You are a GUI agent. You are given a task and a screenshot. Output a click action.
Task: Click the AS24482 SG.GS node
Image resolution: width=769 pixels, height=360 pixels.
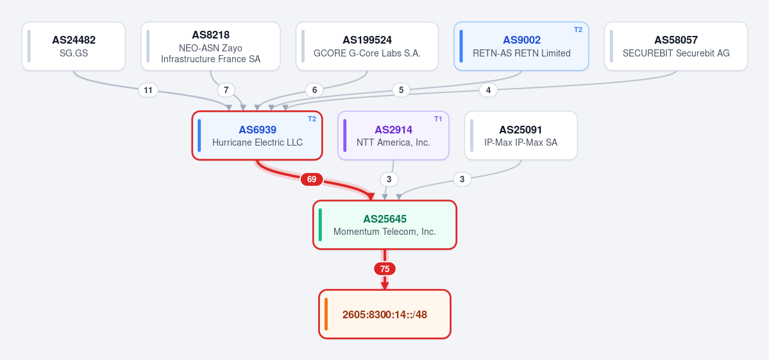(74, 46)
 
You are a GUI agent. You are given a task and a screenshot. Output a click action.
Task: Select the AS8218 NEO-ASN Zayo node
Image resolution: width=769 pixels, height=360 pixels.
(210, 46)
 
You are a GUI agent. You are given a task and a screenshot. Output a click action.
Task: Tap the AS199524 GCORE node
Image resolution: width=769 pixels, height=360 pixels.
(367, 46)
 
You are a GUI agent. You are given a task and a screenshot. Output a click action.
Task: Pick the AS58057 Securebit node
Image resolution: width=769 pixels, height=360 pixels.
(676, 46)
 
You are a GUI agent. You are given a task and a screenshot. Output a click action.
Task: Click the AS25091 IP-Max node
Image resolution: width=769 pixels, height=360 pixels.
(521, 135)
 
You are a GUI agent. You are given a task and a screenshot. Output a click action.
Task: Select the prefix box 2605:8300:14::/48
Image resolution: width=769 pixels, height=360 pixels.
(385, 314)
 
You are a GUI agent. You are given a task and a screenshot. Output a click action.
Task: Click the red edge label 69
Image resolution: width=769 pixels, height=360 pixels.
(312, 180)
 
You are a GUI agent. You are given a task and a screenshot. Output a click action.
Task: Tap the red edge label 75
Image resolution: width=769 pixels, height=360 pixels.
(385, 269)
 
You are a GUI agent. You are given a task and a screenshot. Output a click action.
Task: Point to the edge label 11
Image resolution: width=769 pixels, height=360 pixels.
(148, 90)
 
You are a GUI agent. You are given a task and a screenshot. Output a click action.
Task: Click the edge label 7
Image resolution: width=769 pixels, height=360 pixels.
(226, 90)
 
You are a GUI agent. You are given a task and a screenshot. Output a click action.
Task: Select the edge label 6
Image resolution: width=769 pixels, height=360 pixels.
(314, 90)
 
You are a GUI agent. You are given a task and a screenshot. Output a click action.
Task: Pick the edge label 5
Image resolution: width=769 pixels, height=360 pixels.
(401, 90)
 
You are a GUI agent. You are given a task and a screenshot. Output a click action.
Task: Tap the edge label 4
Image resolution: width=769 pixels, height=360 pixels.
(488, 90)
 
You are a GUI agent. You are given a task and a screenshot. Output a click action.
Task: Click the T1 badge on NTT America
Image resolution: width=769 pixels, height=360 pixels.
(438, 119)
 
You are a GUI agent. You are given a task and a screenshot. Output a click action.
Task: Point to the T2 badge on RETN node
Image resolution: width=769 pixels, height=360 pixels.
(579, 30)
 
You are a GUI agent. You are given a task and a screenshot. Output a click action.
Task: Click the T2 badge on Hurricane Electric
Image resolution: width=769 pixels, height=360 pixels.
(312, 119)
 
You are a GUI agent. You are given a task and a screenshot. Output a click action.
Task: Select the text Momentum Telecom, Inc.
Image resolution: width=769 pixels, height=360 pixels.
(385, 232)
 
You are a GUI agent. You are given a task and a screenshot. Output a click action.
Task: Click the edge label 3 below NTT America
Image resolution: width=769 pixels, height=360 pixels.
(389, 180)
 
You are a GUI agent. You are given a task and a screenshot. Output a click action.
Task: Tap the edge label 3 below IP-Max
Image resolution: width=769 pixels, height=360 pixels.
(462, 180)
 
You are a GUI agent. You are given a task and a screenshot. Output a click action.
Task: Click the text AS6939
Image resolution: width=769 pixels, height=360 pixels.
(257, 130)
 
